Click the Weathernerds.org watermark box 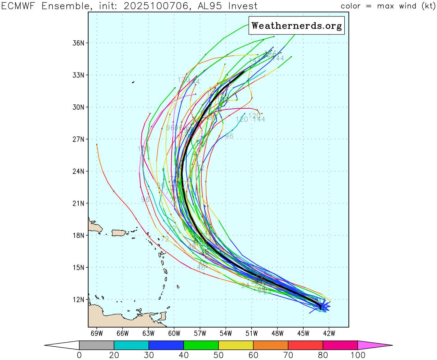[296, 26]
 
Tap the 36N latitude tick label [78, 43]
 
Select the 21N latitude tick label [78, 203]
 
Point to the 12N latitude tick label [78, 300]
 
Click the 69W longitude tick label [97, 333]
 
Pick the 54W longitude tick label [226, 333]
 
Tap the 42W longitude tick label [329, 333]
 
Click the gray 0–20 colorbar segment [96, 345]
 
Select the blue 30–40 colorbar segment [166, 345]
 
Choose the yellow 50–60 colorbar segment [236, 345]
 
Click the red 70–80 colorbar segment [305, 345]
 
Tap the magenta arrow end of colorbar [374, 345]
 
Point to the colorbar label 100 [358, 355]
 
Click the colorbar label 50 [218, 355]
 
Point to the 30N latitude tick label [78, 107]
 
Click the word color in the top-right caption [350, 6]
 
